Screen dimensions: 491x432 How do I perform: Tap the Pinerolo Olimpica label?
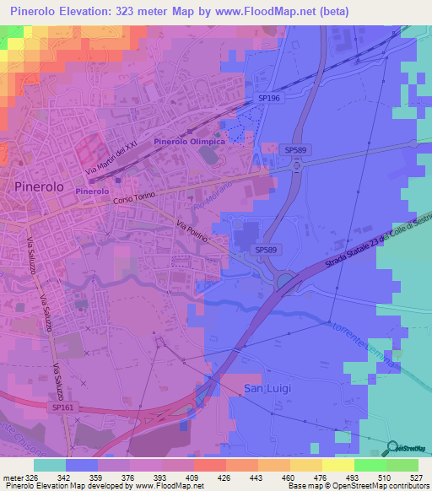(189, 142)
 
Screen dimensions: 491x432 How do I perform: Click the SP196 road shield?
(267, 99)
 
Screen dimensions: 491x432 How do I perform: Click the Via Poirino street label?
(197, 231)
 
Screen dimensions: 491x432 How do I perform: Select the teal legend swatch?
(49, 465)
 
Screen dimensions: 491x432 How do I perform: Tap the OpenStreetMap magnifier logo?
(391, 447)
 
